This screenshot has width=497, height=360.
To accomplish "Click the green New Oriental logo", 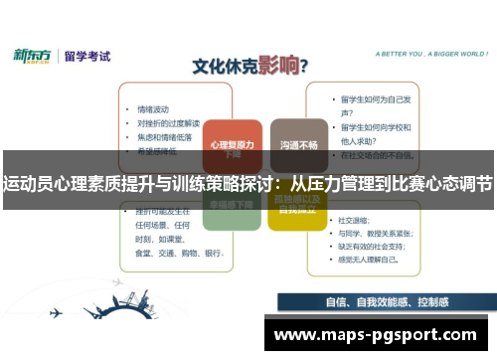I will point(33,56).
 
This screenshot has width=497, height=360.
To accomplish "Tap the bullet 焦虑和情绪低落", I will point(163,138).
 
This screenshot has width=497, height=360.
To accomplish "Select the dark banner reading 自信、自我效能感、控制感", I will point(386,303).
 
